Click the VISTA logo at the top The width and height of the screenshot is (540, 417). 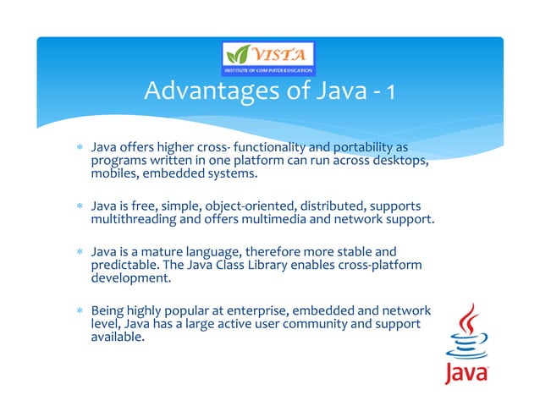tap(269, 57)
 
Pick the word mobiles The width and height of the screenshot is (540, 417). tap(114, 174)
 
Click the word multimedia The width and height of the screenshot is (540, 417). tap(289, 220)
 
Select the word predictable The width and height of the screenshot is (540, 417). tap(125, 265)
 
